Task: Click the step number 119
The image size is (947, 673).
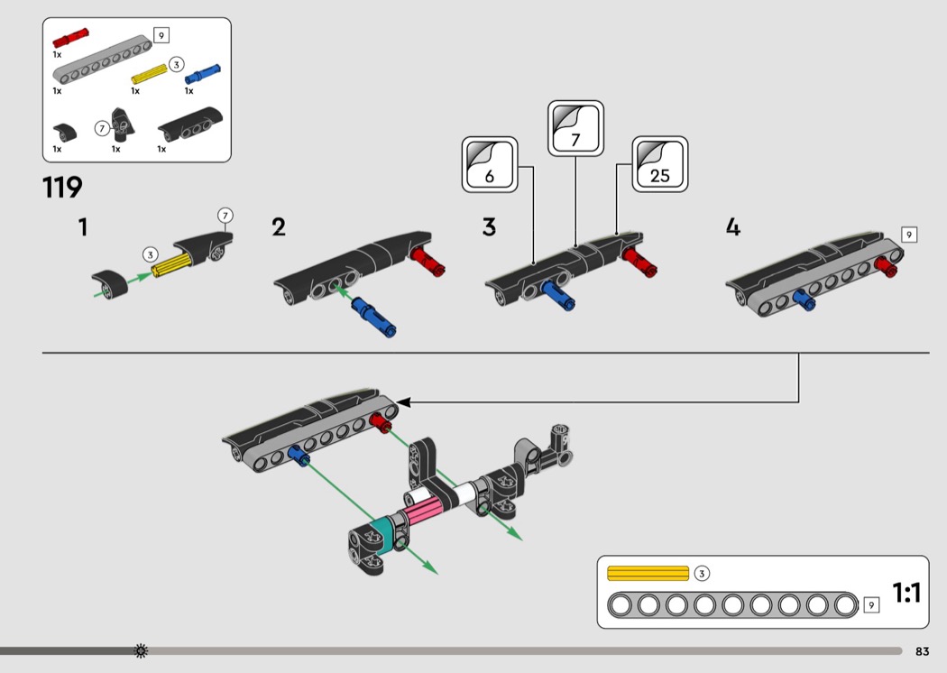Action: coord(62,188)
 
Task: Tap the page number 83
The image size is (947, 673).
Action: coord(922,651)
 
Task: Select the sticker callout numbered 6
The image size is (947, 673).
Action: coord(490,165)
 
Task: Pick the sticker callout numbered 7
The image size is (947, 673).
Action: coord(575,129)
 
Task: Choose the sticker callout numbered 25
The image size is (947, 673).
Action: coord(660,164)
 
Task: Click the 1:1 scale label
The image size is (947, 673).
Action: coord(906,593)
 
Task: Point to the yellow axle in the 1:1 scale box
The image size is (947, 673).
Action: coord(648,573)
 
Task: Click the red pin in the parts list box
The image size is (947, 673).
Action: coord(70,38)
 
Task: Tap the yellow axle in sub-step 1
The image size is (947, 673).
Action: coord(171,264)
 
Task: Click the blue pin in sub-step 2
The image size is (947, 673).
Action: coord(374,316)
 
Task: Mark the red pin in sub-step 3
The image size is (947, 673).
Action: coord(639,262)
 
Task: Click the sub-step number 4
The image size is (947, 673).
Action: coord(732,227)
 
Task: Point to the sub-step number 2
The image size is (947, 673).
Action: coord(279,227)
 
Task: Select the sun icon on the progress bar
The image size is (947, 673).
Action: coord(141,650)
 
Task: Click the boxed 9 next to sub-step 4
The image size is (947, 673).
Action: coord(909,235)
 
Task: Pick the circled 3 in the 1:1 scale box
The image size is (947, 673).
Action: coord(701,574)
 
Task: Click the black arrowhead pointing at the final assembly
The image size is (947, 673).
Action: coord(403,401)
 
